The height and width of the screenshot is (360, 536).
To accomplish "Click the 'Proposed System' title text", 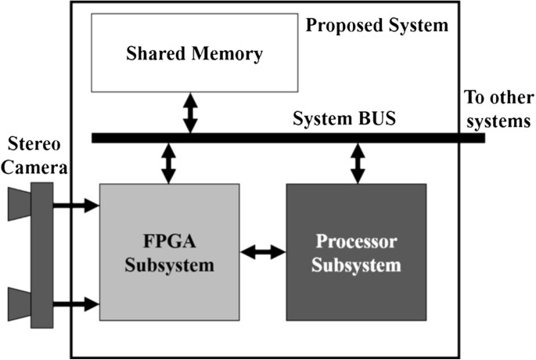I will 376,26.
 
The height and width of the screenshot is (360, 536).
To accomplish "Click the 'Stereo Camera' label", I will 34,153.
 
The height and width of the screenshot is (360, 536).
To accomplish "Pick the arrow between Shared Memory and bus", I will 189,114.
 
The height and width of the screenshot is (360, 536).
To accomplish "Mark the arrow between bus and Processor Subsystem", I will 358,164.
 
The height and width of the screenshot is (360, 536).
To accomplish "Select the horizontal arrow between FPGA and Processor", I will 263,253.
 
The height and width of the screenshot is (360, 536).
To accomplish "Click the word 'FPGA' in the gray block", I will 170,243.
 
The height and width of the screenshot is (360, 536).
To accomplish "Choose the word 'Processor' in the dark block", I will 356,242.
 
